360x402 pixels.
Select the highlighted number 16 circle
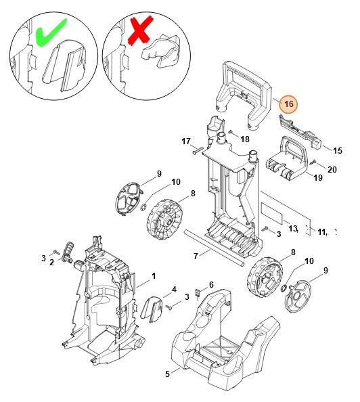pos(289,104)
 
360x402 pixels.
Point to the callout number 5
pos(168,372)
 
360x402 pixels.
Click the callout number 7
pos(196,256)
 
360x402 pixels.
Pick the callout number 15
pos(337,150)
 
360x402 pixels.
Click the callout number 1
pos(153,275)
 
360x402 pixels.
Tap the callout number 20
pos(332,169)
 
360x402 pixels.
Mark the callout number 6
pos(211,284)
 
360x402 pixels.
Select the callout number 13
pos(293,228)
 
